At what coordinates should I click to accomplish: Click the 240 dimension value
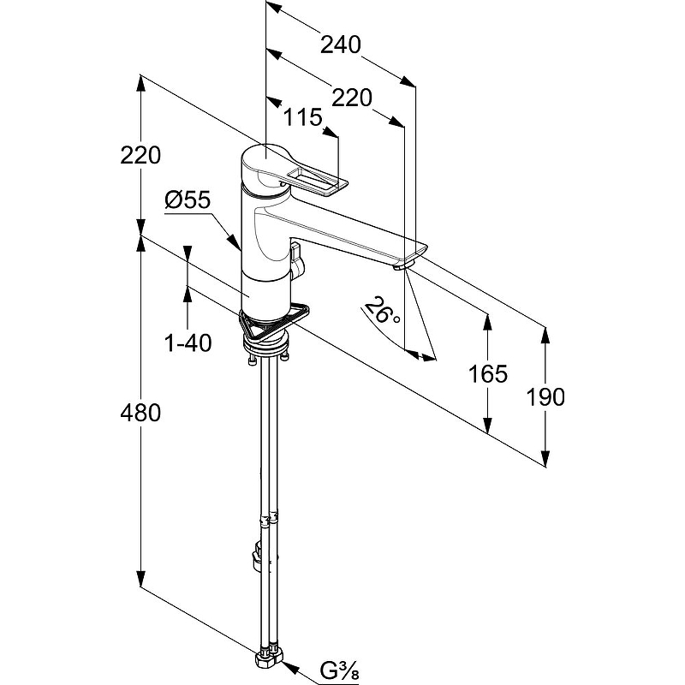coord(341,45)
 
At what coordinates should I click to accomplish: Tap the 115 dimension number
coord(303,117)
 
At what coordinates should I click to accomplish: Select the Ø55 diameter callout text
coord(188,200)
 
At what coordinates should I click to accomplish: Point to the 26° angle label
coord(381,311)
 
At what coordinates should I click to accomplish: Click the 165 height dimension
coord(488,373)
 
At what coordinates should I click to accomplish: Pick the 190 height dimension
coord(545,397)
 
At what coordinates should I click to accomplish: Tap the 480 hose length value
coord(140,413)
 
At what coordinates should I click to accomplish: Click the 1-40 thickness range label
coord(188,342)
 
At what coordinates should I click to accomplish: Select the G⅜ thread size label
coord(339,670)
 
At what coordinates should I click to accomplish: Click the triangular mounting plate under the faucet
coord(274,323)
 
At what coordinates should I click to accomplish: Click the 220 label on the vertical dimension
coord(140,155)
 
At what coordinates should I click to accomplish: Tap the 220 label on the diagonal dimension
coord(352,98)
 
